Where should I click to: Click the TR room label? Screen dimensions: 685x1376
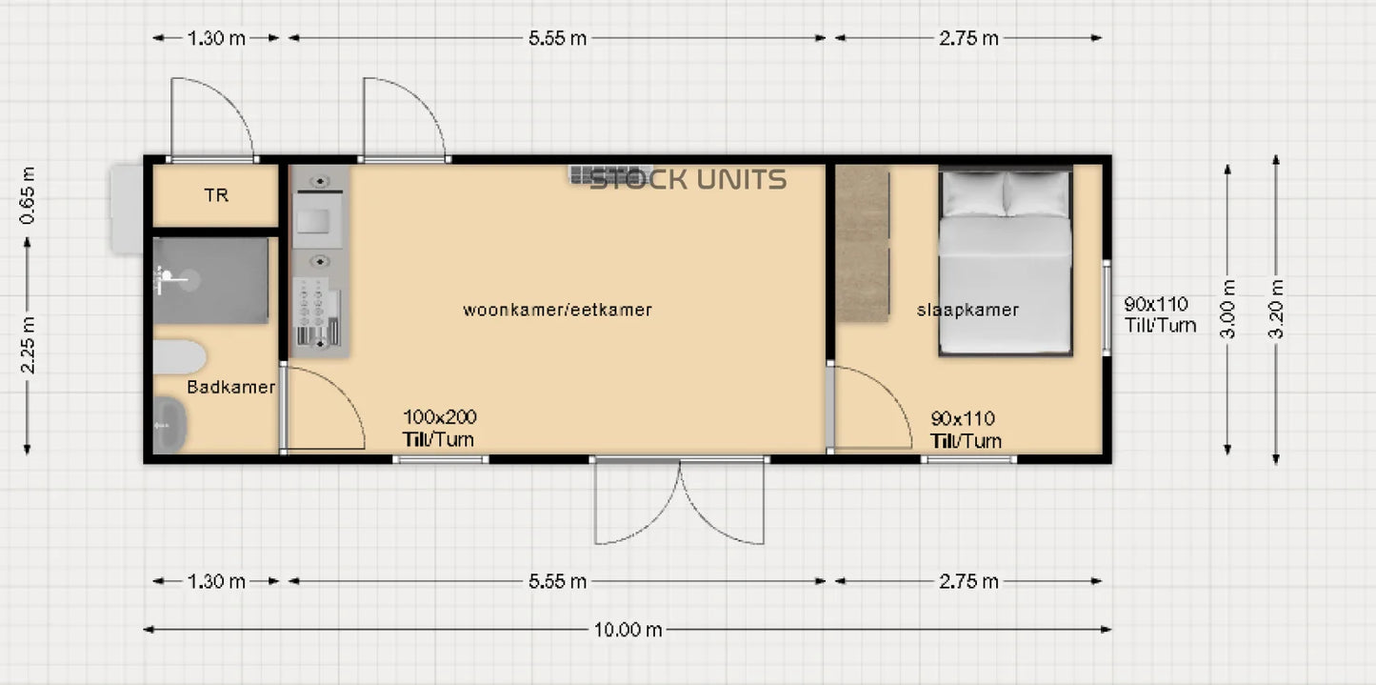(216, 195)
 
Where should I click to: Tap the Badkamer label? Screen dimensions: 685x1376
(230, 387)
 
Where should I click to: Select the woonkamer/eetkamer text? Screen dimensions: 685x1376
(557, 310)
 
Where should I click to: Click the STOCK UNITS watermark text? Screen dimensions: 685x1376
(688, 179)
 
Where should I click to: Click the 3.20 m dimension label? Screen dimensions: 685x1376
(1276, 308)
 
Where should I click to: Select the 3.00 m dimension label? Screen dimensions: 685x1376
(1228, 308)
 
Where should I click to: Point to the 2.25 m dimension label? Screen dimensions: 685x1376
(28, 346)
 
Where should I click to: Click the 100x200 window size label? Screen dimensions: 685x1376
(439, 417)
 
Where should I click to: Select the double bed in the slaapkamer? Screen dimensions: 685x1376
(1006, 262)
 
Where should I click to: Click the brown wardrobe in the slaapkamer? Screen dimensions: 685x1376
(862, 243)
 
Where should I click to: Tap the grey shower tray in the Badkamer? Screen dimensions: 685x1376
(210, 280)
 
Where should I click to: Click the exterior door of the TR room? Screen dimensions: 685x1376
(211, 120)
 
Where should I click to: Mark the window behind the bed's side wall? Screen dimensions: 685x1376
(1107, 308)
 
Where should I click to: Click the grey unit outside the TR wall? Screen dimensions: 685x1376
(126, 209)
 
